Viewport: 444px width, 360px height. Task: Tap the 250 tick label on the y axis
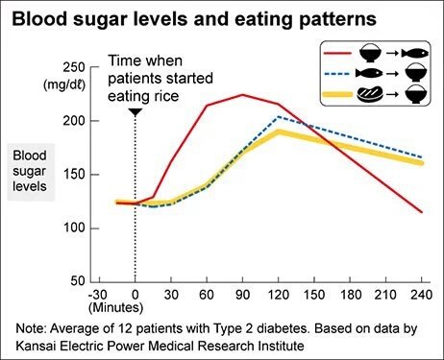(x=72, y=67)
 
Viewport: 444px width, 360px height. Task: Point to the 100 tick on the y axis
(x=72, y=228)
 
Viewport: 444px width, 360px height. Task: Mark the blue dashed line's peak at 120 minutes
(x=279, y=116)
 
